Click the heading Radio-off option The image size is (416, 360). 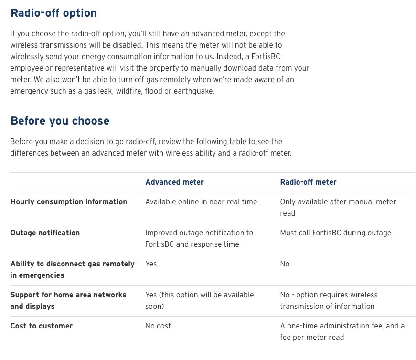pos(53,13)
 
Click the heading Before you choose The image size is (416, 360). pos(60,121)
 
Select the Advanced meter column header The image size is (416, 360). pos(174,182)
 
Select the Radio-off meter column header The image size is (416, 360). pos(308,182)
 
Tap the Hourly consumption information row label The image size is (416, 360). pos(69,202)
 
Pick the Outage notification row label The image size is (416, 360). pos(45,233)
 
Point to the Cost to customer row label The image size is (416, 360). pos(42,326)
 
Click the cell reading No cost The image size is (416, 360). pos(158,326)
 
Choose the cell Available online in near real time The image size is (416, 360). pos(201,202)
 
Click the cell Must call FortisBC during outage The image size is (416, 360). pos(335,233)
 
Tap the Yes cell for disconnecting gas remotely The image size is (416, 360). pos(151,264)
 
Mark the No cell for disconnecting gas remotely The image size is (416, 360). pos(285,264)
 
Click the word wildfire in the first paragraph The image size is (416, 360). pos(129,91)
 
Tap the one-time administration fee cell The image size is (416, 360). pos(342,332)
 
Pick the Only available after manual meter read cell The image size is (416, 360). pos(338,208)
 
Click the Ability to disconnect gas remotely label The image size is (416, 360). pos(72,270)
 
